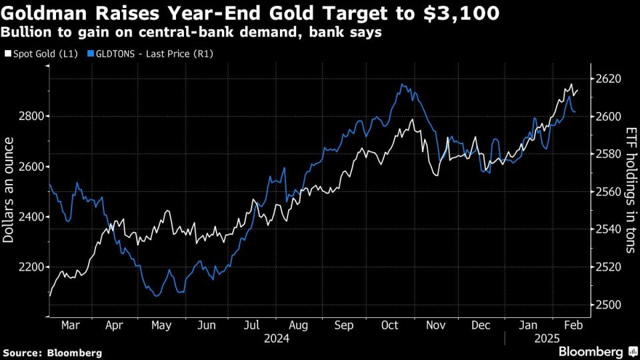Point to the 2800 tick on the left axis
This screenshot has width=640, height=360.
[x=30, y=117]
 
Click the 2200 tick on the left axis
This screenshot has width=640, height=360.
[x=30, y=267]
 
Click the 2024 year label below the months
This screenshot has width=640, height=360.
[x=276, y=339]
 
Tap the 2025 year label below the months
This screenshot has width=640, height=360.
[x=547, y=339]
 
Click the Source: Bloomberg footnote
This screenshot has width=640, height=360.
[x=53, y=352]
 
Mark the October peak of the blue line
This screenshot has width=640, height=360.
[x=402, y=85]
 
